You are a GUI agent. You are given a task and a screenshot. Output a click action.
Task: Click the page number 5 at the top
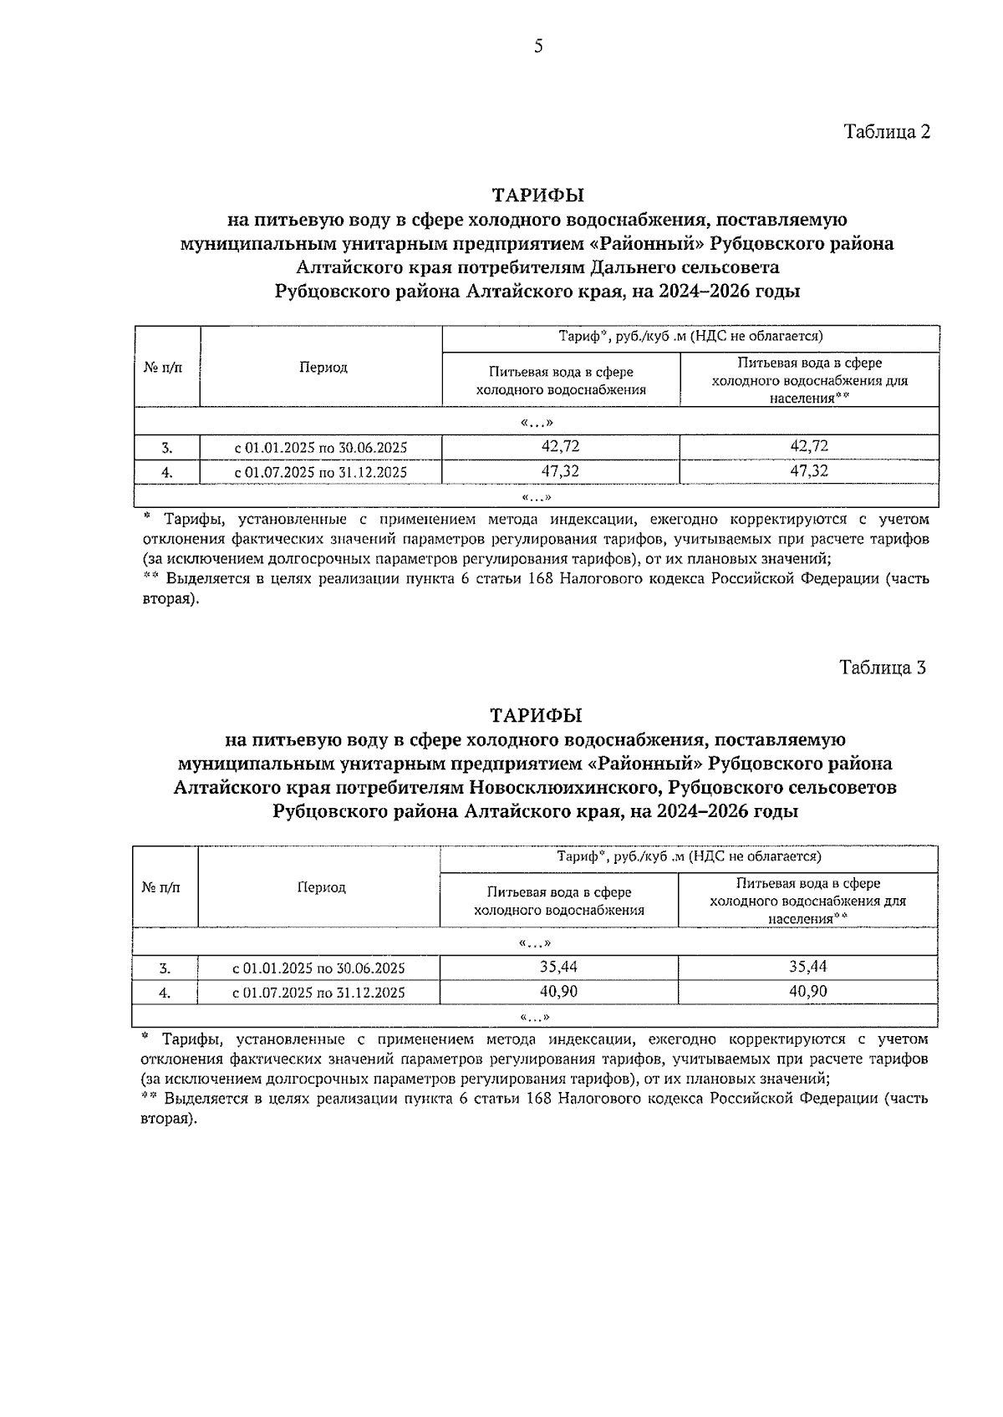click(x=538, y=47)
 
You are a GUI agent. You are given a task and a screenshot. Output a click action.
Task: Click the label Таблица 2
click(x=887, y=132)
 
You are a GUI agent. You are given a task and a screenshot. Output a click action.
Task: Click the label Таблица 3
click(x=883, y=668)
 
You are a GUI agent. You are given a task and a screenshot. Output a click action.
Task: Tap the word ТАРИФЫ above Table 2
click(x=537, y=196)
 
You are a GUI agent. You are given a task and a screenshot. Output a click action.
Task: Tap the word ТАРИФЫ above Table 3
click(x=536, y=716)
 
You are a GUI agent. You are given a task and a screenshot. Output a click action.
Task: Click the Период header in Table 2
click(x=323, y=368)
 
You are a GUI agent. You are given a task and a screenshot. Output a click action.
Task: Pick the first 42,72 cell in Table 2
click(x=560, y=446)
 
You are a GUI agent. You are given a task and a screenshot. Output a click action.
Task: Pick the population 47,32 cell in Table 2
click(x=808, y=471)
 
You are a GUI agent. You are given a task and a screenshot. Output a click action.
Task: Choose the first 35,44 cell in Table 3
click(x=558, y=967)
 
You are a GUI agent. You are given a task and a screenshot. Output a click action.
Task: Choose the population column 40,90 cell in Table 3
click(x=807, y=992)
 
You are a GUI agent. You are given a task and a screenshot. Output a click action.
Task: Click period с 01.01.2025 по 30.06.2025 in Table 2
click(x=321, y=448)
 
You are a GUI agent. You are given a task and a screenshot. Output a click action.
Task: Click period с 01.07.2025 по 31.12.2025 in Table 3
click(x=318, y=993)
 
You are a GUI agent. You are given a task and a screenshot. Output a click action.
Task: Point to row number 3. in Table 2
click(x=166, y=448)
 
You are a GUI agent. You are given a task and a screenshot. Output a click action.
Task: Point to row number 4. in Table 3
click(x=165, y=993)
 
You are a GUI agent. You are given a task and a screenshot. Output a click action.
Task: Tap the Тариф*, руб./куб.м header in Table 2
click(x=690, y=336)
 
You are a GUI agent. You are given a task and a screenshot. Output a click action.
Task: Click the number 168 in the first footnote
click(x=542, y=578)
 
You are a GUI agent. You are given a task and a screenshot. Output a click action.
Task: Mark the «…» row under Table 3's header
click(x=535, y=943)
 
